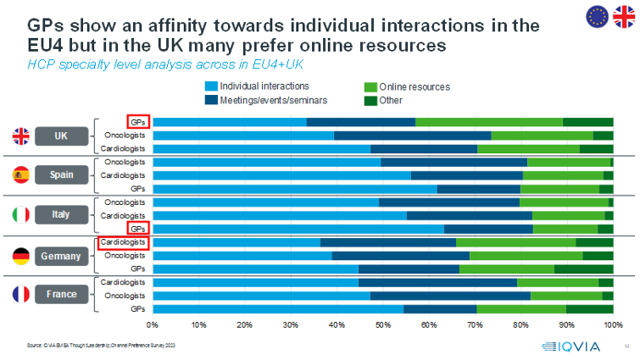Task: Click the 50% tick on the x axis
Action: [383, 324]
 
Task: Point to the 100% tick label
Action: [612, 324]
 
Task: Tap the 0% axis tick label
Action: [153, 324]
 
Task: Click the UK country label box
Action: [61, 136]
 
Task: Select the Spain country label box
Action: [61, 174]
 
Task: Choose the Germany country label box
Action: [61, 255]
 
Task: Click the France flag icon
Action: [21, 295]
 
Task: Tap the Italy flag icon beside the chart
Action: [21, 215]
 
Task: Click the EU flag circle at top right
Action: [597, 15]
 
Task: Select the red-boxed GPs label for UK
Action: [137, 121]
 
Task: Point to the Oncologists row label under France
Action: [125, 295]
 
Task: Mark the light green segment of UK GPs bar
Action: [489, 122]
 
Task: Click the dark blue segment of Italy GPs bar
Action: [488, 229]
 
